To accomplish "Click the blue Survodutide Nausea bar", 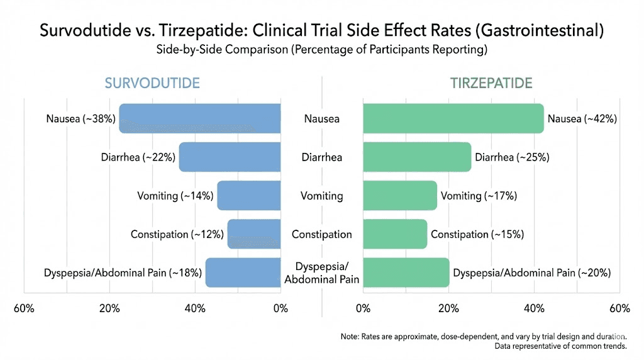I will pos(200,118).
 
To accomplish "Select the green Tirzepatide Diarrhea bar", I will pos(417,157).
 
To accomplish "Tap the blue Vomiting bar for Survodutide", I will pos(249,196).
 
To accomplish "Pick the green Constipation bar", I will pos(395,234).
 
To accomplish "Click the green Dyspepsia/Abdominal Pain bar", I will pos(406,273).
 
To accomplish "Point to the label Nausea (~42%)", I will pos(582,118).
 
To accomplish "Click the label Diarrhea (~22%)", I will pos(138,157).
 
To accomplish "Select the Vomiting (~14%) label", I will pos(175,196).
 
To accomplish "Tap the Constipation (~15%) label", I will pos(477,234).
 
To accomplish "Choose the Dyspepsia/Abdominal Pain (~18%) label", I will pos(123,273).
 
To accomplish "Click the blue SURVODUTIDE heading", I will pos(152,84).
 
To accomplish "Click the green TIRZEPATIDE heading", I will pos(491,84).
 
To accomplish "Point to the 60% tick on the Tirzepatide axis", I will pos(619,308).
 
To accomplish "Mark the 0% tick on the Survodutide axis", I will pos(280,308).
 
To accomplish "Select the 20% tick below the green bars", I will pos(448,308).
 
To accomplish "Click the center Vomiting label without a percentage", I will pos(322,196).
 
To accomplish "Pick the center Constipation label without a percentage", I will pos(322,234).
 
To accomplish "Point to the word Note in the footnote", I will pos(351,337).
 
